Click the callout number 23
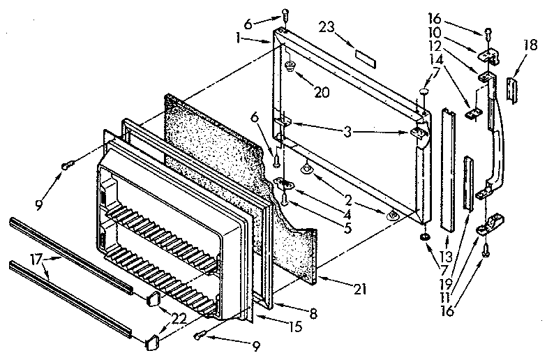click(x=326, y=28)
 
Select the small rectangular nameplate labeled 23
click(x=365, y=54)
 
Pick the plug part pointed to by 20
click(x=288, y=67)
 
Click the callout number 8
click(x=313, y=315)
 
